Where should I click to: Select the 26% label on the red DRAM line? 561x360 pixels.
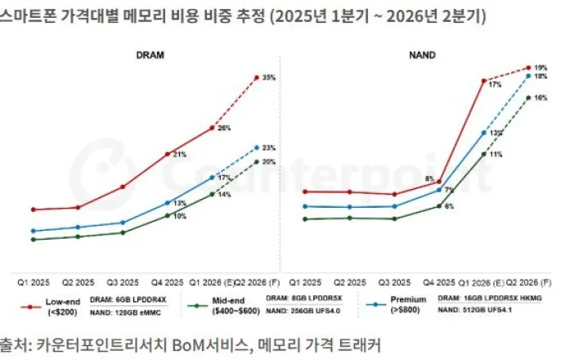pyautogui.click(x=224, y=128)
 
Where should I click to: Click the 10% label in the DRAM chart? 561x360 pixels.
pyautogui.click(x=179, y=216)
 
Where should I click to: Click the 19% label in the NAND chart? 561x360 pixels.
pyautogui.click(x=541, y=67)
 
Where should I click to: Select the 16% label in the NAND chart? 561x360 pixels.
pyautogui.click(x=541, y=97)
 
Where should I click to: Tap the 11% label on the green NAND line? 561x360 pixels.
pyautogui.click(x=496, y=154)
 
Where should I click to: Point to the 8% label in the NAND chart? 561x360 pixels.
pyautogui.click(x=430, y=178)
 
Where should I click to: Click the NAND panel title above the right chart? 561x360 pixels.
pyautogui.click(x=421, y=55)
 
